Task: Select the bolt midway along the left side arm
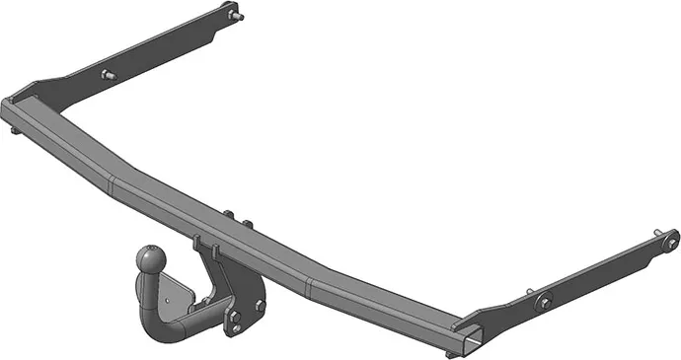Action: coord(107,75)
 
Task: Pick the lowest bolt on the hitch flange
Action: coord(235,318)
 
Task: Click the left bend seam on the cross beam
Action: coord(114,180)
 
